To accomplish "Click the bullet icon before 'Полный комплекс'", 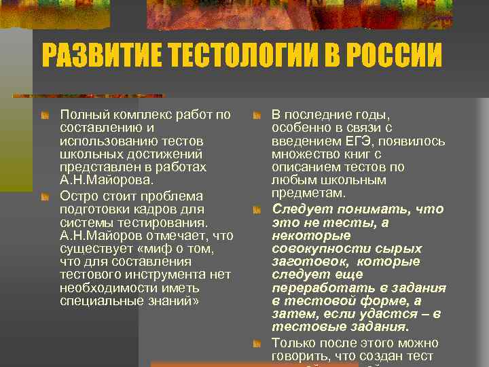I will click(45, 116).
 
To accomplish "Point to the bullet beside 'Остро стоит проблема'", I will click(45, 196).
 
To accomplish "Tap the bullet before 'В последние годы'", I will click(257, 116).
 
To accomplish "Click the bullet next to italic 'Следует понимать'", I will click(257, 210).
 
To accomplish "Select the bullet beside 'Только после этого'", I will click(257, 344).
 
